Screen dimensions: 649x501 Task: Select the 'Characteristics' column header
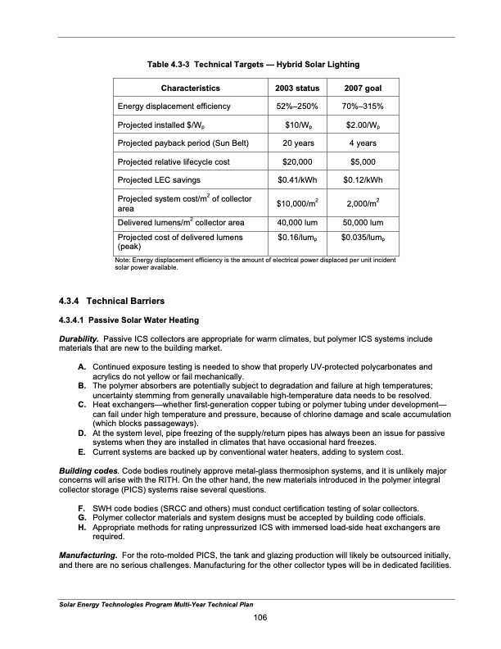click(x=190, y=88)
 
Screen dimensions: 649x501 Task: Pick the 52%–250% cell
click(x=291, y=107)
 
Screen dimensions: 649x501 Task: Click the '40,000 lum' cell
click(x=291, y=221)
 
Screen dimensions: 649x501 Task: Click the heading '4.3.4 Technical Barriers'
click(x=107, y=301)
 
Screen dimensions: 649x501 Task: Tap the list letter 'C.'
click(x=83, y=403)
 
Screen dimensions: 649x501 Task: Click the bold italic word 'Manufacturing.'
click(x=86, y=556)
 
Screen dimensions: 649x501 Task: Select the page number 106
click(x=260, y=617)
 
